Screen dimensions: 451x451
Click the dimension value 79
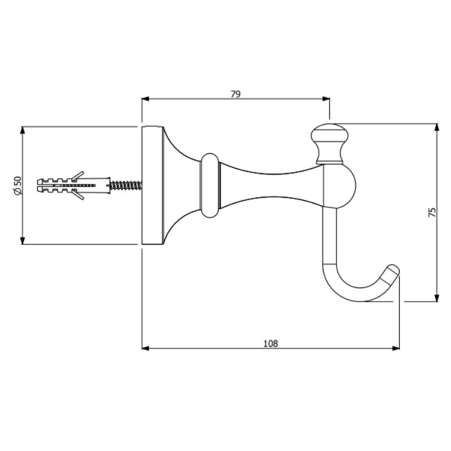click(x=236, y=94)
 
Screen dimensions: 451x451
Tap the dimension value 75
click(x=432, y=212)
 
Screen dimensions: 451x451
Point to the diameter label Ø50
click(x=17, y=185)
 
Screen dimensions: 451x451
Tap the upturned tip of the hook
click(x=391, y=273)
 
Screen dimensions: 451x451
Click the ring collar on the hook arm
click(x=209, y=184)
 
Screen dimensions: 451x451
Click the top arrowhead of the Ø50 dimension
click(x=23, y=130)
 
